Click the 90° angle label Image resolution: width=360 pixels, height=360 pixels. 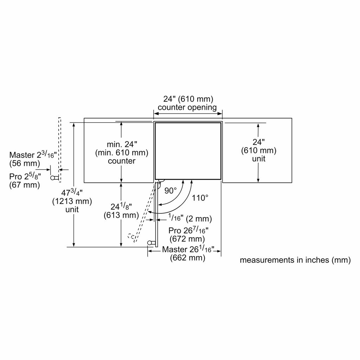coord(171,191)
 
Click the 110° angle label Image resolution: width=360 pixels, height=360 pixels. coord(200,198)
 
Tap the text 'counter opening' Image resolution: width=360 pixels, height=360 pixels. coord(187,108)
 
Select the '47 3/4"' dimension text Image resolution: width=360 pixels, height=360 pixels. coord(72,192)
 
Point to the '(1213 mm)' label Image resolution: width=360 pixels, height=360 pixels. coord(72,201)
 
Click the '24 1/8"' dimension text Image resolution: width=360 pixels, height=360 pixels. coord(121,206)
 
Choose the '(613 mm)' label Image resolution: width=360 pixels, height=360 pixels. coord(121,215)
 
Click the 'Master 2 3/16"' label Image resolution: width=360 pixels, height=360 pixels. coord(33,155)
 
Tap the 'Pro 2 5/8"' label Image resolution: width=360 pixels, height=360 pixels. coord(25,176)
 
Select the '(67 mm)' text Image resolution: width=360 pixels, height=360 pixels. coord(25,185)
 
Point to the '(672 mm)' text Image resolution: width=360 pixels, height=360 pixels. coord(187,239)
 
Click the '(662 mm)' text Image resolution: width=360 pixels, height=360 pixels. coord(188,258)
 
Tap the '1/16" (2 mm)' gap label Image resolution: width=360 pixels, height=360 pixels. coord(190,218)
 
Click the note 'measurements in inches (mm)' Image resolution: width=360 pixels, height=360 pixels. coord(295,260)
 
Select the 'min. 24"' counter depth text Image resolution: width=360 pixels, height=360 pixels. coord(122,144)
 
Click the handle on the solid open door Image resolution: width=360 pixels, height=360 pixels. coord(152,243)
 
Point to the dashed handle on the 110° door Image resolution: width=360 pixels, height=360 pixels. coord(131,237)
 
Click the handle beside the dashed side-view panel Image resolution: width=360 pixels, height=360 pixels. coord(54,178)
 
